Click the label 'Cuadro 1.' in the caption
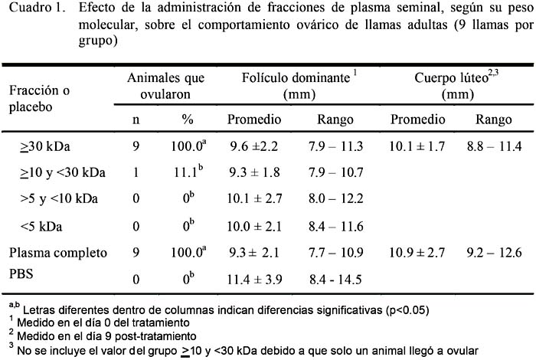37,8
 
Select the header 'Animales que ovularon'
166,86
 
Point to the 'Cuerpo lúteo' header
456,86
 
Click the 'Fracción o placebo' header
39,99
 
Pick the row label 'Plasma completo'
58,253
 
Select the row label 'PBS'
21,273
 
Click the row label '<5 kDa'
41,226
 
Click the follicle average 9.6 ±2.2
254,146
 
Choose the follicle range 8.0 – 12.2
335,198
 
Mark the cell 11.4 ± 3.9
255,280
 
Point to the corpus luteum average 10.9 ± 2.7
417,253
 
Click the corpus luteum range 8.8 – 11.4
495,146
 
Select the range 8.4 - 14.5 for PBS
335,280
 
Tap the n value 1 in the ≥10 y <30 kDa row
136,172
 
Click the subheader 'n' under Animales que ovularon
136,120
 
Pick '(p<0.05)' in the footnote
407,310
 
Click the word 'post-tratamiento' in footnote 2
155,336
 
